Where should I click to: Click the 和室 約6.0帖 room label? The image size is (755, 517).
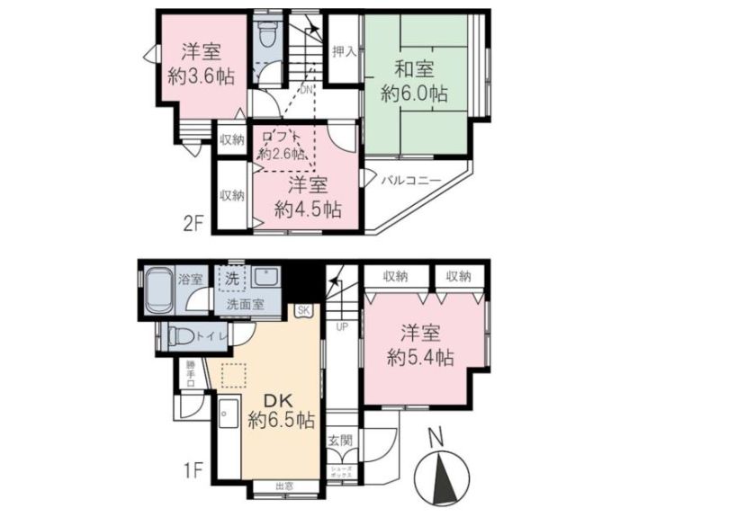tap(414, 79)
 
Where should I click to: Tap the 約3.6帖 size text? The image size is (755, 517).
tap(201, 77)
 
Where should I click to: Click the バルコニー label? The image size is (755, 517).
tap(410, 181)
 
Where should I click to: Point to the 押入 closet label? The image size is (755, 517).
tap(344, 51)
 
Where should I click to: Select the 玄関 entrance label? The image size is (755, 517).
tap(339, 441)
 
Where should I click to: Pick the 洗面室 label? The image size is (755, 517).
tap(245, 305)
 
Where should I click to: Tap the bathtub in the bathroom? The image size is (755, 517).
tap(159, 290)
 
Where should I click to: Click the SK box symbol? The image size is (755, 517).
tap(301, 311)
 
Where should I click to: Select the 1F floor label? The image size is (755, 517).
tap(195, 470)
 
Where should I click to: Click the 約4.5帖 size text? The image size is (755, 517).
tap(307, 209)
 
